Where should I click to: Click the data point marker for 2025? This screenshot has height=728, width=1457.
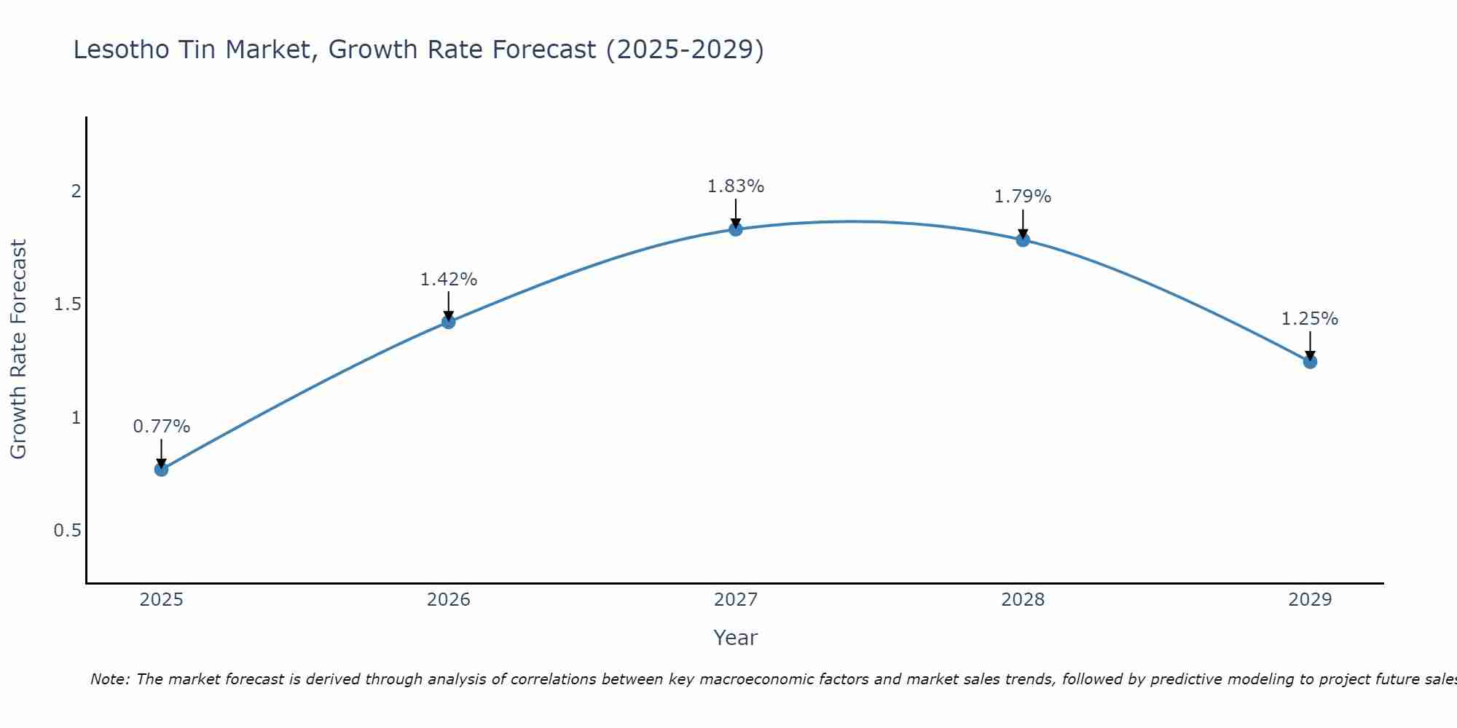[x=161, y=470]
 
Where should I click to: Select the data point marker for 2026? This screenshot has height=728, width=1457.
[x=449, y=322]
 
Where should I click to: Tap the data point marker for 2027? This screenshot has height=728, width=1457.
[x=736, y=229]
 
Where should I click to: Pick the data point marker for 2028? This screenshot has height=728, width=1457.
[x=1023, y=240]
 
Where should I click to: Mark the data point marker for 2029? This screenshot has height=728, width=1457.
[x=1310, y=362]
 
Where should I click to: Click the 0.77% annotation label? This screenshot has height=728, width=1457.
[x=161, y=427]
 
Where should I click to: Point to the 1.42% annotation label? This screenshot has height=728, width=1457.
[x=449, y=280]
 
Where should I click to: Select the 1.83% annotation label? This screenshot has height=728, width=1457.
[x=736, y=186]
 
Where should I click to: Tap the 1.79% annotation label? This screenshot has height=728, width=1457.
[x=1023, y=197]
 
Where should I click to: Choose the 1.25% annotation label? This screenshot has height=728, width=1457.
[x=1310, y=319]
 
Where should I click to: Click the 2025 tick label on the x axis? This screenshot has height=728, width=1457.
[x=161, y=600]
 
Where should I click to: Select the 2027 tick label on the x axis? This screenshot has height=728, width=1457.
[x=736, y=600]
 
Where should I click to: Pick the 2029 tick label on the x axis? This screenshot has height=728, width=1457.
[x=1310, y=600]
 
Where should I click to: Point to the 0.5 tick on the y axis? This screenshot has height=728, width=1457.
[x=67, y=531]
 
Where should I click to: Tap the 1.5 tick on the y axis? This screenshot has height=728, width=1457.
[x=67, y=304]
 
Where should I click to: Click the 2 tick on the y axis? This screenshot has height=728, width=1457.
[x=75, y=191]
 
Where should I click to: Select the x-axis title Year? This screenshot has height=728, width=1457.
[x=736, y=638]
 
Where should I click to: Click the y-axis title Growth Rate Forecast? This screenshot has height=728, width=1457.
[x=18, y=349]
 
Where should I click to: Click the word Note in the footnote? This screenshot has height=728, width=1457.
[x=109, y=679]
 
